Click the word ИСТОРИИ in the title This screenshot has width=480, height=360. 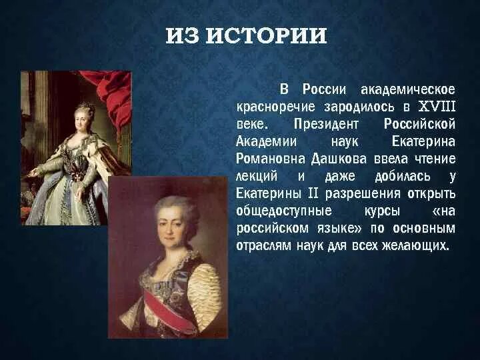tap(267, 36)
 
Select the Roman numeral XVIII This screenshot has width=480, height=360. tap(437, 107)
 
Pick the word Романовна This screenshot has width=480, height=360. tap(270, 159)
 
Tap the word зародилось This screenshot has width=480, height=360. tap(359, 107)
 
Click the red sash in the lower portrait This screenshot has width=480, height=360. tap(167, 313)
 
